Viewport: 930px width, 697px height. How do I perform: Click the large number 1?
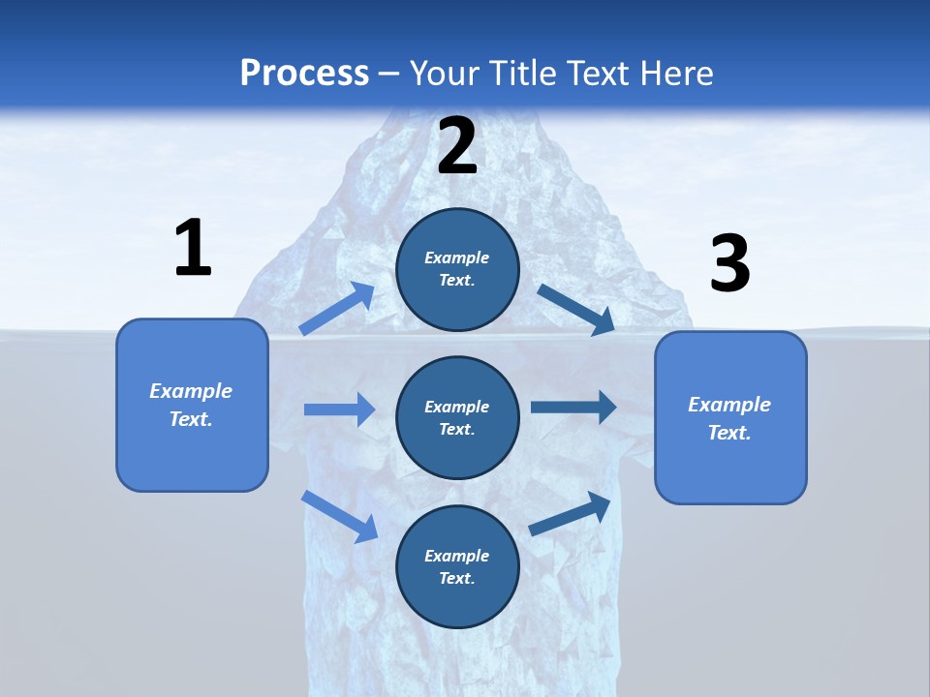(x=193, y=249)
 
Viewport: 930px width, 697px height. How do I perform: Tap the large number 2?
(x=457, y=146)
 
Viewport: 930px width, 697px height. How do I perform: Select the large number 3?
(x=729, y=264)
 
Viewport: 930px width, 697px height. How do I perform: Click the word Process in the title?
(x=304, y=73)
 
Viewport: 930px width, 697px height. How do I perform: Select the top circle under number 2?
(x=457, y=269)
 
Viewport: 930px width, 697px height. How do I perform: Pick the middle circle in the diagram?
(x=457, y=417)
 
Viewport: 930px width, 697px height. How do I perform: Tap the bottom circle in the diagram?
(x=457, y=566)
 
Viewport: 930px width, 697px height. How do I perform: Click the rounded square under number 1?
(x=192, y=405)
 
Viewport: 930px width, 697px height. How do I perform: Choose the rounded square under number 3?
(x=730, y=417)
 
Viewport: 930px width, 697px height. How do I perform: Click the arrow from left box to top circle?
(x=337, y=309)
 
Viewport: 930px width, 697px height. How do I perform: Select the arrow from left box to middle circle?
(x=339, y=409)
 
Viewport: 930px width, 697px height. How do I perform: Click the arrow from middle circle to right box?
(x=573, y=408)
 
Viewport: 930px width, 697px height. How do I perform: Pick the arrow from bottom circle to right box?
(x=570, y=514)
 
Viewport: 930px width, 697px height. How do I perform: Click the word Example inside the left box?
(x=191, y=391)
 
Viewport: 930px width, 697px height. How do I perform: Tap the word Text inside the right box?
(x=728, y=433)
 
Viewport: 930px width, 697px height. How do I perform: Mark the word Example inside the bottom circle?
(x=456, y=556)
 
